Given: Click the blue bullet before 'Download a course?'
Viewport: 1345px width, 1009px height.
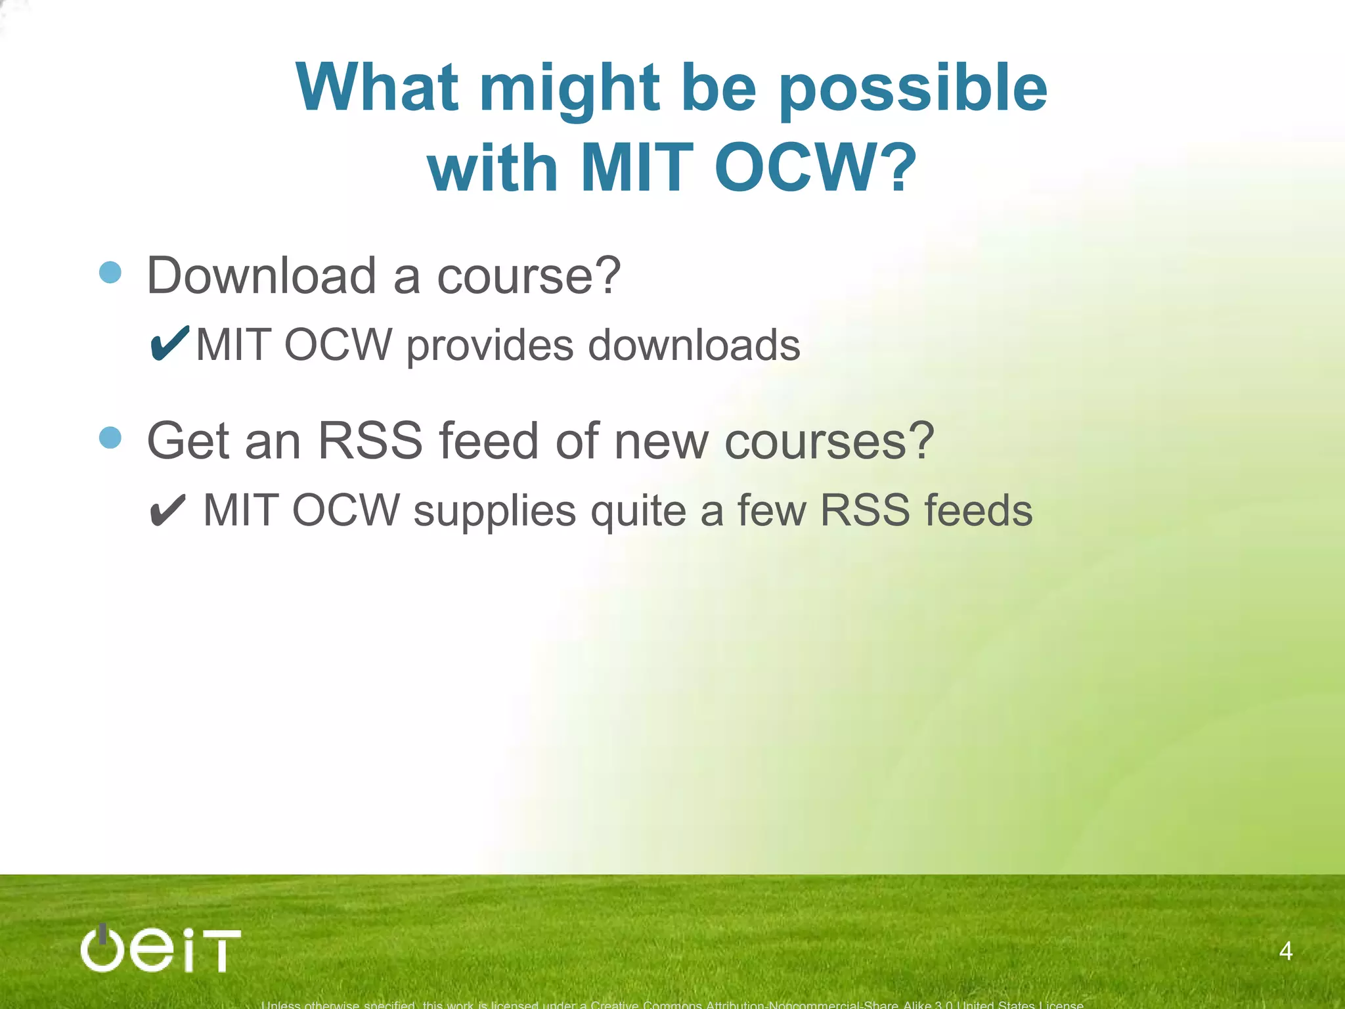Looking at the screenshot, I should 110,272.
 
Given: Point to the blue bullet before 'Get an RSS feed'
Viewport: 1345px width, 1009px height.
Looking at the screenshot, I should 110,437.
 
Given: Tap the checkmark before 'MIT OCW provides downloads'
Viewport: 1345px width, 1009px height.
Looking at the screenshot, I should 169,344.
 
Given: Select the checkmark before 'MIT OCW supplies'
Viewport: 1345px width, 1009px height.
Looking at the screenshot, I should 168,511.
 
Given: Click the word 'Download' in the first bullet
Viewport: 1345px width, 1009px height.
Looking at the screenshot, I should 261,276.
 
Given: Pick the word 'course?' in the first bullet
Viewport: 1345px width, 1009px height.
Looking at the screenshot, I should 529,276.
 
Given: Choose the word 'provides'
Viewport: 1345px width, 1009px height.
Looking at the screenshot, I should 489,346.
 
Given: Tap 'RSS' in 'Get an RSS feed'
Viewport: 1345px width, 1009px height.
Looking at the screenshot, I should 370,441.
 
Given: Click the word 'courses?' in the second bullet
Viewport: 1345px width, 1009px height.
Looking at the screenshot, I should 829,441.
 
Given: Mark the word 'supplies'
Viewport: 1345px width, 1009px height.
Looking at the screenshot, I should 495,512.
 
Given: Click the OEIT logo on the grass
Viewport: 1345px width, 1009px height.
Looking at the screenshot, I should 160,949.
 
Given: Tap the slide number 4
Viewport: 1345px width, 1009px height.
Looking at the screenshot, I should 1286,951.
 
